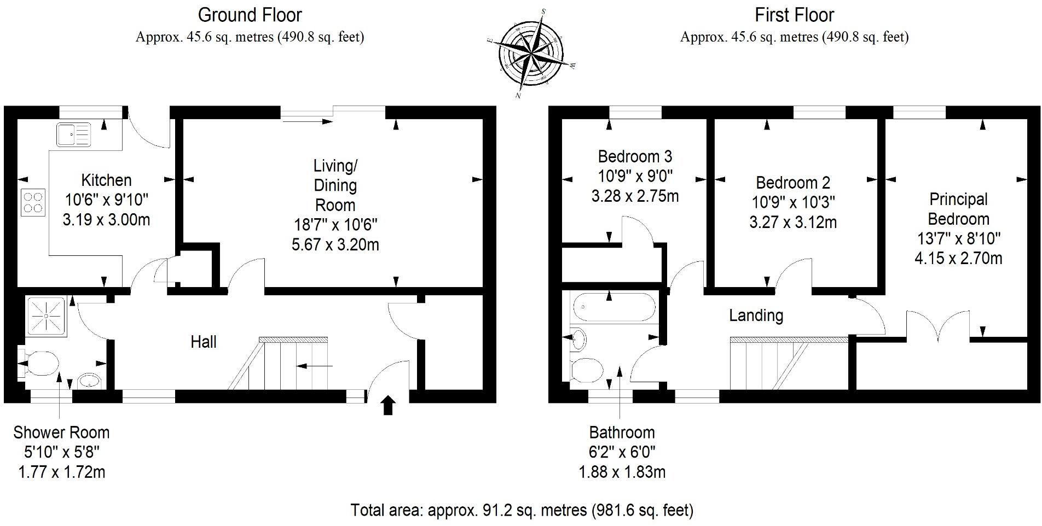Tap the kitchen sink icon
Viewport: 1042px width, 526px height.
point(73,135)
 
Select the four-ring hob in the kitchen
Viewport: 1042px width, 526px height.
point(33,202)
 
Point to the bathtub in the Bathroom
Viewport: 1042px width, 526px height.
point(612,307)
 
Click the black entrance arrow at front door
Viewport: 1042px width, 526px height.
point(388,406)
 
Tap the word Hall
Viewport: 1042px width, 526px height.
point(203,342)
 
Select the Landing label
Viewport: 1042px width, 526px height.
point(756,315)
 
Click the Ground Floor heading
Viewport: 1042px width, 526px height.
point(250,15)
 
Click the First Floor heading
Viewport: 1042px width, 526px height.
point(794,15)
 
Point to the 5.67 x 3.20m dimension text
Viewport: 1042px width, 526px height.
point(335,244)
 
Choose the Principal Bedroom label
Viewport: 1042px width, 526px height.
point(958,209)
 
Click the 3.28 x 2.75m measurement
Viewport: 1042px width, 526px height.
point(635,196)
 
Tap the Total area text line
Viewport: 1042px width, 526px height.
point(522,510)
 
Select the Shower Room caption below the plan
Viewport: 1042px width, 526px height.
point(61,433)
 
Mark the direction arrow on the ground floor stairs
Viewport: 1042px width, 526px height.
point(314,365)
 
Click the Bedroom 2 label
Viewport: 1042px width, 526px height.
point(792,182)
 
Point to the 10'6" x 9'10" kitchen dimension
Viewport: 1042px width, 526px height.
point(106,200)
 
